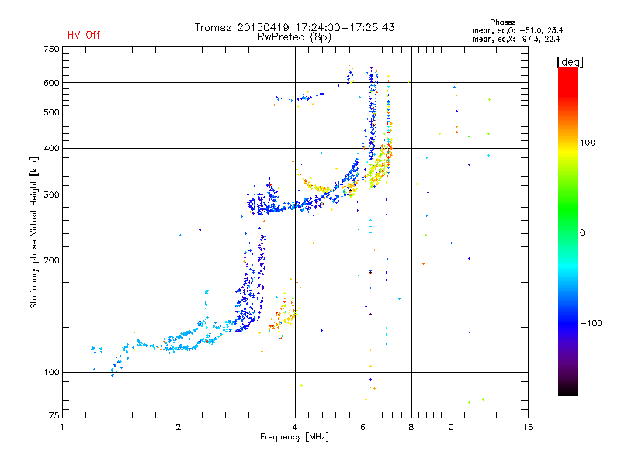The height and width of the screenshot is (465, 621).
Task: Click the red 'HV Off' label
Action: (84, 35)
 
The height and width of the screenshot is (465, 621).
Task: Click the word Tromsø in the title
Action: (214, 27)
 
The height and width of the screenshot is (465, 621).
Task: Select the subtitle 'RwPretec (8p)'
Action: (294, 37)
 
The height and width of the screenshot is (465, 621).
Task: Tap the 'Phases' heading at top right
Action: (502, 22)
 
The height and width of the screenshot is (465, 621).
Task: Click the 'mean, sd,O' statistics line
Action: (517, 30)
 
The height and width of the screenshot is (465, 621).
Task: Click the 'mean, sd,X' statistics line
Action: (516, 39)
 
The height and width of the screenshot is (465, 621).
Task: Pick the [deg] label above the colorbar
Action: (570, 62)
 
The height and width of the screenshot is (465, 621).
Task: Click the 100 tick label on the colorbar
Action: (588, 143)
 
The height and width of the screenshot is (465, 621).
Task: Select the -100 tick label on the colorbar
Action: (591, 323)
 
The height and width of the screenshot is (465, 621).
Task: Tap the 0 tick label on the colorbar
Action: (582, 232)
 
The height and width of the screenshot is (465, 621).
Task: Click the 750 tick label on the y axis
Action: (51, 49)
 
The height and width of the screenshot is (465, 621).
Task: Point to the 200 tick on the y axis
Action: (51, 260)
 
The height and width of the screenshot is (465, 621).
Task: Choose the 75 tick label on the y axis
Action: (54, 415)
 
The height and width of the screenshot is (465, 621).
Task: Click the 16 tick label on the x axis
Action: (528, 427)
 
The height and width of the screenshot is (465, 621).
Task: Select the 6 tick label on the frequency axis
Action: (363, 427)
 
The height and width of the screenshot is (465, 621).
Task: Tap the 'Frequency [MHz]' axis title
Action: (295, 437)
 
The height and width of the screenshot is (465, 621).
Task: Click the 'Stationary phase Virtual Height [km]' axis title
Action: (34, 233)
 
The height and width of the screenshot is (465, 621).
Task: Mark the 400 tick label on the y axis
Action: (51, 148)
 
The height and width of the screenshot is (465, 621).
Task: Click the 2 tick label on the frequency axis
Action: (179, 427)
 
